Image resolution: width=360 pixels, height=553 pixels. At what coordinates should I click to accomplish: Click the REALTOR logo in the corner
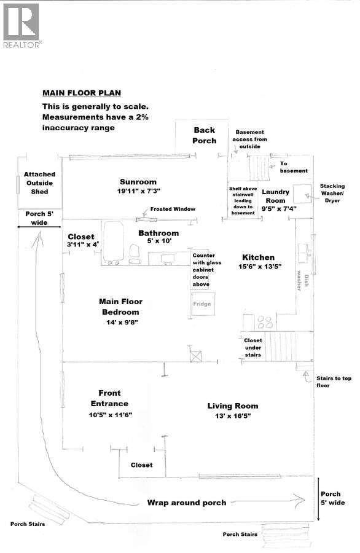click(x=22, y=25)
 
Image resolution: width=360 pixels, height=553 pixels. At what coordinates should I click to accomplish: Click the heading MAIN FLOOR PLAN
click(x=81, y=93)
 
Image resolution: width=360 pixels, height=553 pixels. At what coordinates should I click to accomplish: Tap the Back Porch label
click(x=205, y=135)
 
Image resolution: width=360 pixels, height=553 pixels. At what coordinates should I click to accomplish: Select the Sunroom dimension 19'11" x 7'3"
click(x=138, y=192)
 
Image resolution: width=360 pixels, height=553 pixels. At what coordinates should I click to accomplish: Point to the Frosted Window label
click(x=173, y=209)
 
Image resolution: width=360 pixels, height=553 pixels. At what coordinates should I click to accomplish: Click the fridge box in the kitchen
click(x=202, y=304)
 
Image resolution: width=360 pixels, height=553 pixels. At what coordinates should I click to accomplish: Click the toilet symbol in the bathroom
click(x=134, y=252)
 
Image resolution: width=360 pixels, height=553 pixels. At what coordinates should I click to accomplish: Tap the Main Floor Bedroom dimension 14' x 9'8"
click(x=121, y=322)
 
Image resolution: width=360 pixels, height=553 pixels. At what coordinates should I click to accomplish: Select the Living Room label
click(x=232, y=406)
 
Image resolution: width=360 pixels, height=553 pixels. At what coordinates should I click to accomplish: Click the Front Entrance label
click(x=109, y=398)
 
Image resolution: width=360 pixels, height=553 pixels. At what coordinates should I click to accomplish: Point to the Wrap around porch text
click(x=186, y=502)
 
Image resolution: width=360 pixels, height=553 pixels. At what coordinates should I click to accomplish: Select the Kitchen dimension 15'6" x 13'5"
click(x=258, y=267)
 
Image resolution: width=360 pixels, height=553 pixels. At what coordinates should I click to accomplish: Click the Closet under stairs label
click(x=252, y=347)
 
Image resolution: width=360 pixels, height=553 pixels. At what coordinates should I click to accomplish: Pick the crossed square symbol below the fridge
click(x=197, y=355)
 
